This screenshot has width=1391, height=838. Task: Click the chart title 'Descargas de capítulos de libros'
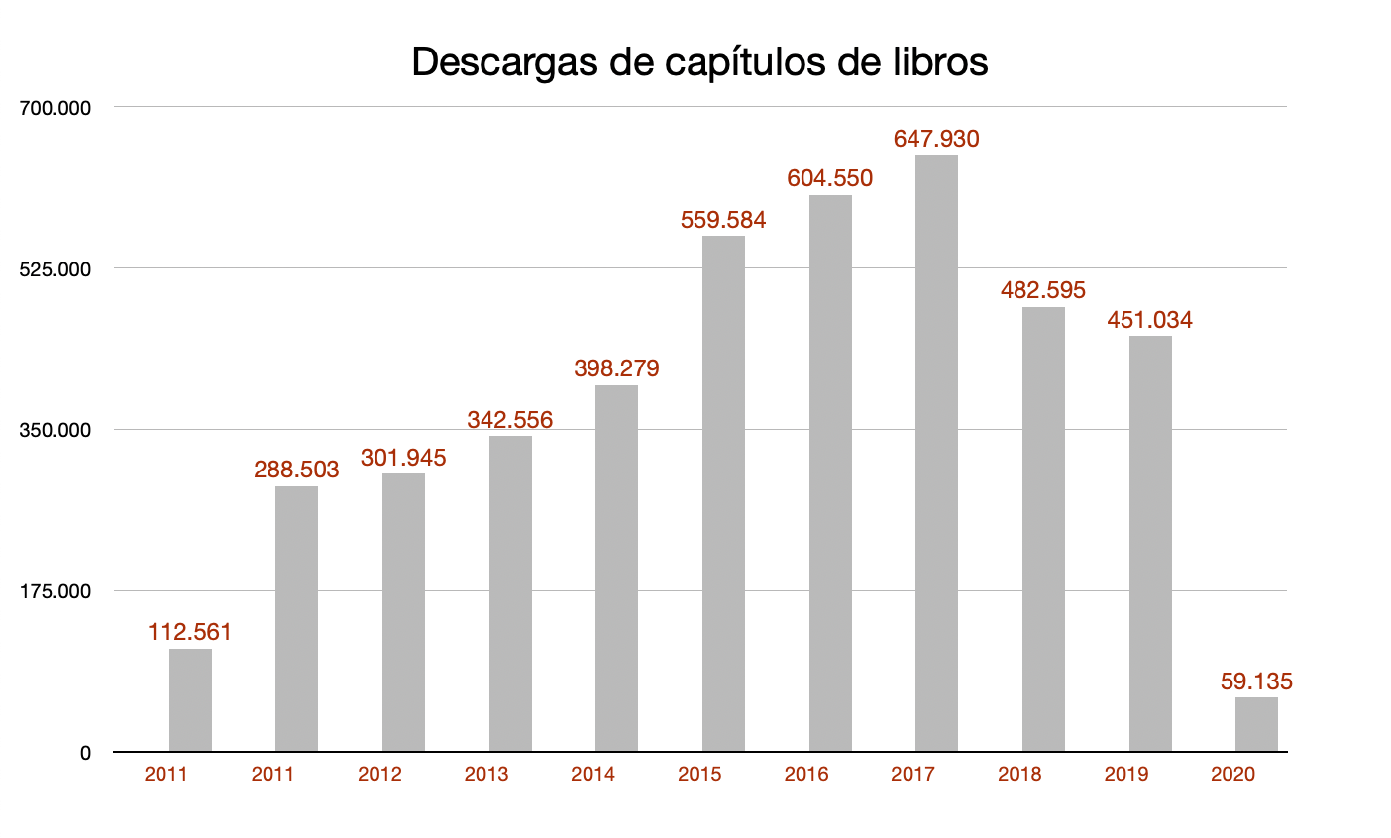pos(699,61)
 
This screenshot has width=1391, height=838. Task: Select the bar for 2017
pos(936,453)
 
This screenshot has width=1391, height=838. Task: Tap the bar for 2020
pos(1256,724)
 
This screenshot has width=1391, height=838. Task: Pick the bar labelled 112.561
pos(190,699)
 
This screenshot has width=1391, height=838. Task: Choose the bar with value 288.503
pos(296,618)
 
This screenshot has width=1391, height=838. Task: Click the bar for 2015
pos(723,493)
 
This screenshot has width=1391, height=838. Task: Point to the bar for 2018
pos(1043,529)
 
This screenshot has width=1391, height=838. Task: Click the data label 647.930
pos(936,139)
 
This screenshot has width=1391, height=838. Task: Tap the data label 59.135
pos(1256,681)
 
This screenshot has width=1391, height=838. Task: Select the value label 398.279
pos(616,368)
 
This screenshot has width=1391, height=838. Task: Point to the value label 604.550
pos(829,178)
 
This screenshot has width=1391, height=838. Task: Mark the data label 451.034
pos(1149,320)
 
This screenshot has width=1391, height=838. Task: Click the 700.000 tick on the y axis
pos(56,107)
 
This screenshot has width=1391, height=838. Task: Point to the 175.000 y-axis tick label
pos(56,591)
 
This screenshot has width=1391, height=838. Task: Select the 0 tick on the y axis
pos(85,753)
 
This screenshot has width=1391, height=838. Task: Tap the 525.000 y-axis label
pos(56,268)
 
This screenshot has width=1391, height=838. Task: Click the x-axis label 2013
pos(485,775)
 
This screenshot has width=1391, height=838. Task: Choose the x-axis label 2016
pos(805,775)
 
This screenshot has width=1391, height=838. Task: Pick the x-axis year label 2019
pos(1125,775)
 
